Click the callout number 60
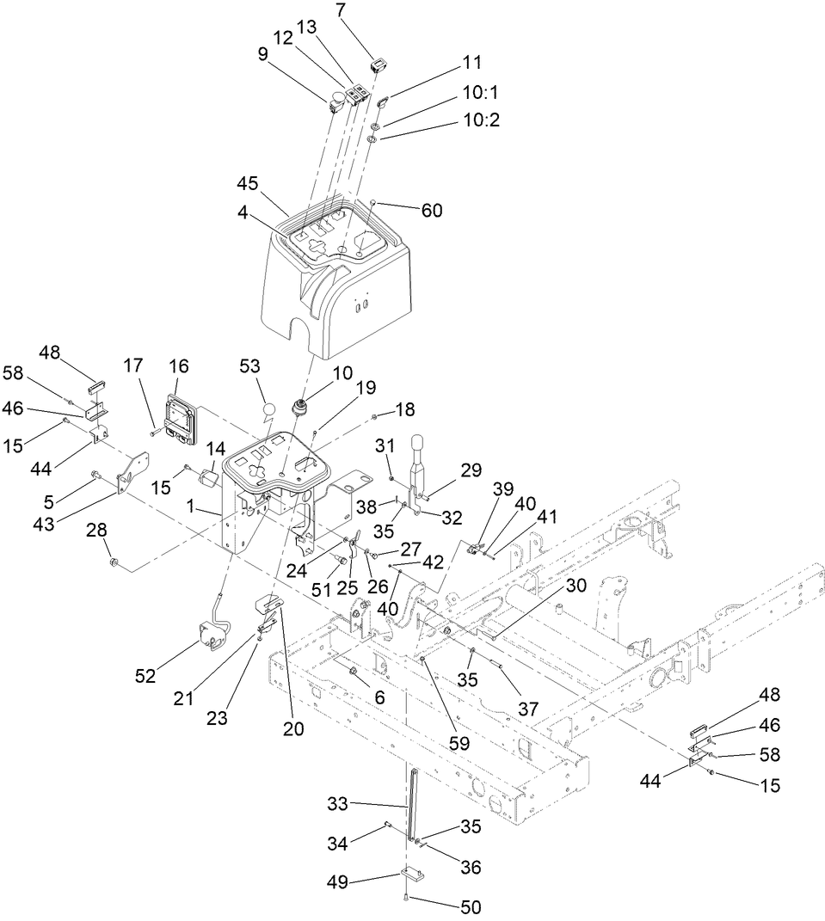431,211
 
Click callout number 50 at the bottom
471,906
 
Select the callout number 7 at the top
342,11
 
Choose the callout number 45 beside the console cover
248,186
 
